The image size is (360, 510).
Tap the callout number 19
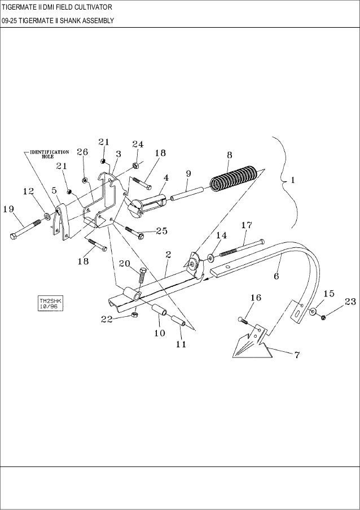tap(8, 209)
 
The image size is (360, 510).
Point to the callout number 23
tap(350, 302)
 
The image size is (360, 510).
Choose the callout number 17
tap(246, 225)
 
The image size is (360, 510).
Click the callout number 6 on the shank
tap(276, 276)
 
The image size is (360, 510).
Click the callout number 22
tap(107, 320)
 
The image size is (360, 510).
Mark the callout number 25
tap(161, 230)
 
